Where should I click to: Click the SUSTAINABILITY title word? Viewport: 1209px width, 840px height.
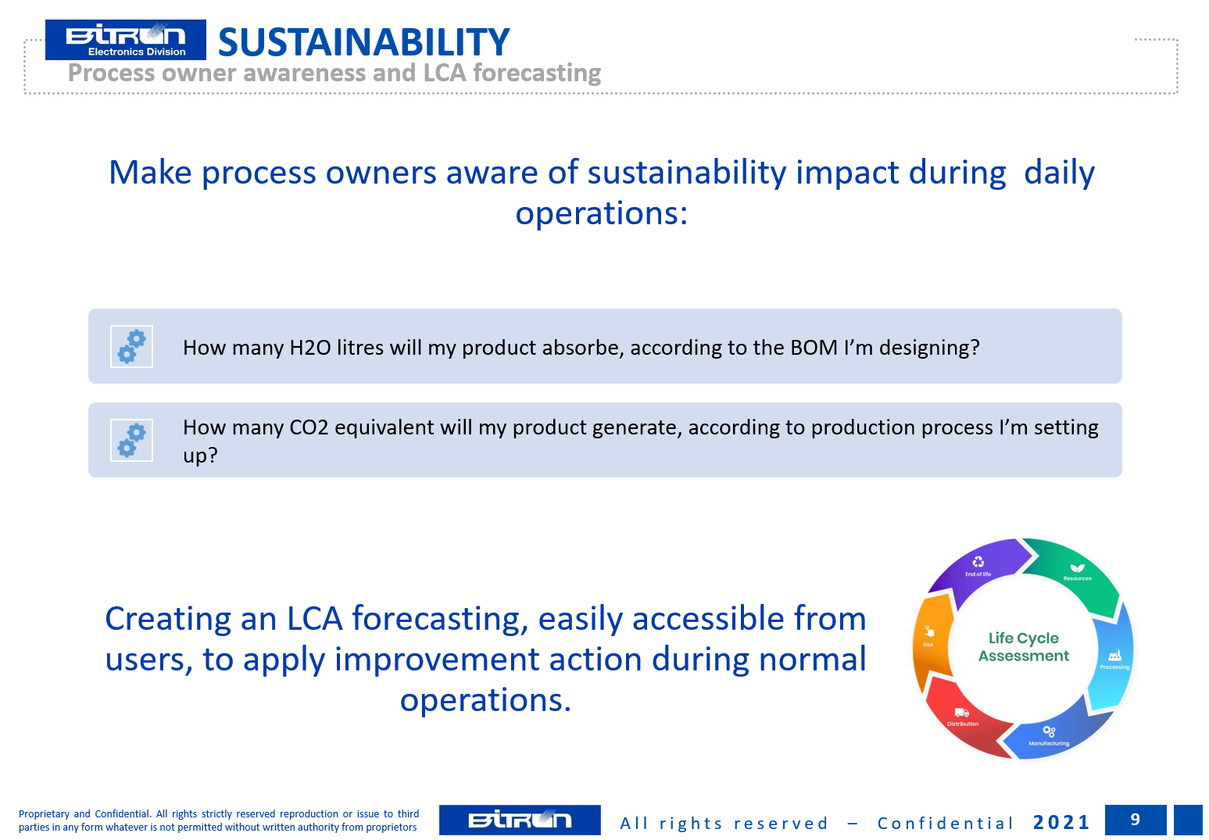pos(363,41)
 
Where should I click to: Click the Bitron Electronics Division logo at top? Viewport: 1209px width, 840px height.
pos(126,39)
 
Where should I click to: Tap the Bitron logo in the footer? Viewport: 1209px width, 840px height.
pos(519,820)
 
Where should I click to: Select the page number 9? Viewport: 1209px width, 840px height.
pos(1135,820)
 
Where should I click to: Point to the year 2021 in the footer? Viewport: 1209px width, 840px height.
pos(1061,822)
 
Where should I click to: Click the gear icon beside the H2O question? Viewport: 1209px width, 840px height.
pos(132,346)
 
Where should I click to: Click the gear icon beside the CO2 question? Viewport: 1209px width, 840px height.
pos(132,440)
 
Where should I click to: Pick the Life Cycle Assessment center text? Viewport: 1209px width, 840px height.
pos(1023,647)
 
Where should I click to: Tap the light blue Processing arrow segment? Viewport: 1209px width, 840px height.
pos(1114,658)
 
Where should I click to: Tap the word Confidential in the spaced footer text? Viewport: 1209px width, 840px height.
pos(946,824)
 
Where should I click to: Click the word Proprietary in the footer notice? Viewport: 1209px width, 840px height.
pos(44,814)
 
